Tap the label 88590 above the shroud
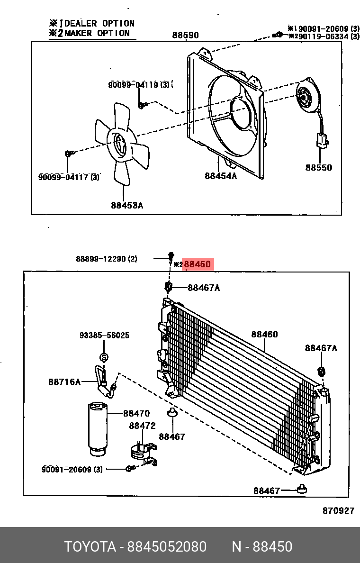click(x=185, y=35)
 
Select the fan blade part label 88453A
click(x=127, y=205)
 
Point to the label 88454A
click(x=221, y=176)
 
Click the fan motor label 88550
click(x=318, y=167)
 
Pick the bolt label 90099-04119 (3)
click(x=139, y=85)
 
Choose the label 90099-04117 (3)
click(x=69, y=177)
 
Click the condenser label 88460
click(x=264, y=335)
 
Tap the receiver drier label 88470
click(x=136, y=414)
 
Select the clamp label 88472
click(x=142, y=426)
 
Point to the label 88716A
click(x=64, y=381)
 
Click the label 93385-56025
click(x=104, y=336)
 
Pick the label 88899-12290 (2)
click(x=106, y=259)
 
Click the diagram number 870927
click(x=338, y=510)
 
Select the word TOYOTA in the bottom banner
click(x=90, y=547)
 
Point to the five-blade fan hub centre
click(x=119, y=145)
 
